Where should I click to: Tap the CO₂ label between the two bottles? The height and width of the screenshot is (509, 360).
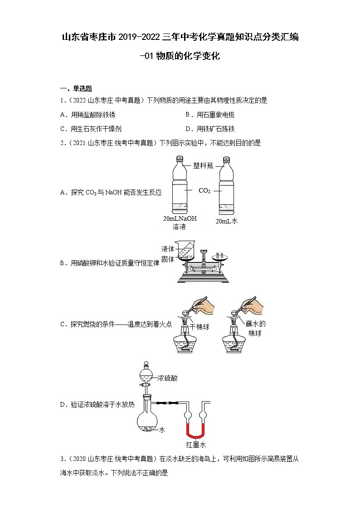point(204,191)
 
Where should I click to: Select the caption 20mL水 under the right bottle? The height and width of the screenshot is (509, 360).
point(227,221)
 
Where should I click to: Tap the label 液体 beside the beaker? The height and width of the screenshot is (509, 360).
point(168,249)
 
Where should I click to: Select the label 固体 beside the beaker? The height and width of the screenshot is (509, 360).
point(168,259)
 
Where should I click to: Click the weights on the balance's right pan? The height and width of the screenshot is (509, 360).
point(219,256)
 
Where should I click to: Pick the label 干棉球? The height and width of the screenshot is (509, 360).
point(199,326)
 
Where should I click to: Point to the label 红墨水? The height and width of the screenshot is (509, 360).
point(196,445)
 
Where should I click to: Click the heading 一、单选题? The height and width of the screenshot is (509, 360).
point(76,89)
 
